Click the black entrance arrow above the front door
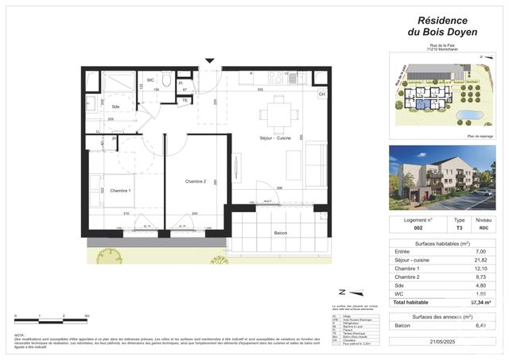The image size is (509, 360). [209, 60]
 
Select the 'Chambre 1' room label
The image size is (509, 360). [121, 191]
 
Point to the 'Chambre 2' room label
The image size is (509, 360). [196, 182]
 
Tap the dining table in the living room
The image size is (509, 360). [278, 114]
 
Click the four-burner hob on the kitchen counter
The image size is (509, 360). [276, 78]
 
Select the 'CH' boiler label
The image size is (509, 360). [322, 95]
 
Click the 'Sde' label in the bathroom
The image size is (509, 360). [115, 106]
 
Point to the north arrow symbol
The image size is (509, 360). [342, 292]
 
